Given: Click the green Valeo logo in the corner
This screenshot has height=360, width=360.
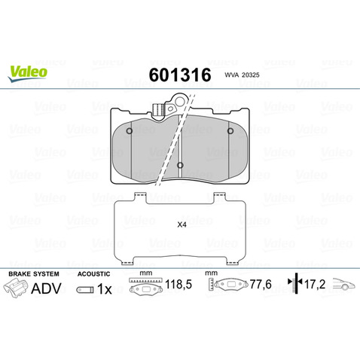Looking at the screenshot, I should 28,72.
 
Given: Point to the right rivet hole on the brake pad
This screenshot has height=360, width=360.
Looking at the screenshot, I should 230,133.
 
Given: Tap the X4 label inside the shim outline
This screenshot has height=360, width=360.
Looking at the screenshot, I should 181,224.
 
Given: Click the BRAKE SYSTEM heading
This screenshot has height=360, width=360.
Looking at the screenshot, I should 32,274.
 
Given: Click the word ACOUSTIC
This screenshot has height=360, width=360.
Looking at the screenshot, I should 94,274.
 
